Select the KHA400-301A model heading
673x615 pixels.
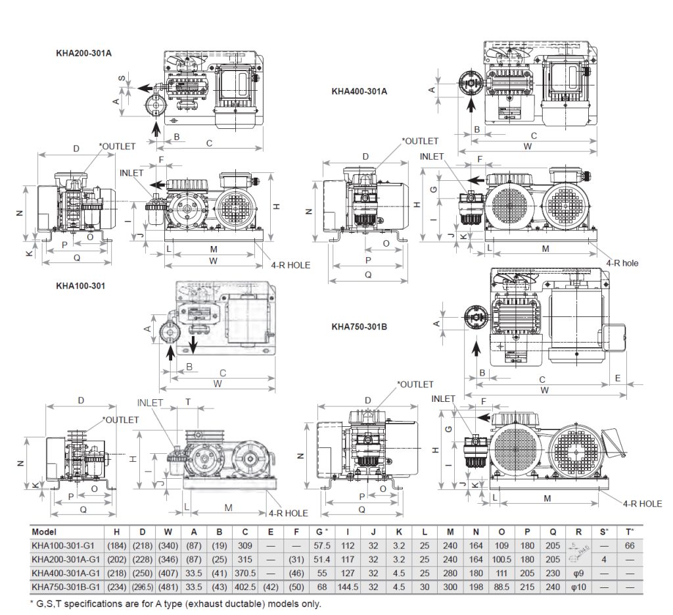point(359,91)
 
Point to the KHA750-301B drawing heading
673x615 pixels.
point(359,326)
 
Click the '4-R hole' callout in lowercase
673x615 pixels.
point(621,262)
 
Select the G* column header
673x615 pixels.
point(322,532)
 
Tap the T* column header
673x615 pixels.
point(630,532)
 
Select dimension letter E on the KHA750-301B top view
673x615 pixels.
point(618,378)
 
